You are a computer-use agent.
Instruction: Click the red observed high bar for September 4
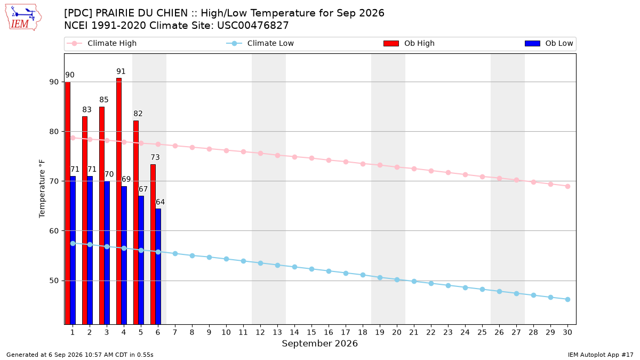119,201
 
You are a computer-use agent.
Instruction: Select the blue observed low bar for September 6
158,267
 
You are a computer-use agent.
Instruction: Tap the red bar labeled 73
153,244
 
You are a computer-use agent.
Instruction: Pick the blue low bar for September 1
73,250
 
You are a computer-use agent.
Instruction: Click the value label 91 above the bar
121,71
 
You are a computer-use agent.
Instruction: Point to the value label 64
160,202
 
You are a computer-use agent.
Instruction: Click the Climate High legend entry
101,43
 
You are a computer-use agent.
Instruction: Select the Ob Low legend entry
549,43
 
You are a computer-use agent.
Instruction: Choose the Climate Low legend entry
260,43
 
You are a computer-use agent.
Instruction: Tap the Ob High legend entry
409,43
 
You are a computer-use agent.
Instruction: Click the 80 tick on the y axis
54,132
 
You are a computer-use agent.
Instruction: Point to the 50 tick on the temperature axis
54,281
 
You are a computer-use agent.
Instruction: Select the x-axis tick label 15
311,332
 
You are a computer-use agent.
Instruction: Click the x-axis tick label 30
567,332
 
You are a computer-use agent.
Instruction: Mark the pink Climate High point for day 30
567,186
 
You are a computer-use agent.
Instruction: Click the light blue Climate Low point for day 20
397,279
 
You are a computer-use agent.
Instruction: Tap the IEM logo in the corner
23,18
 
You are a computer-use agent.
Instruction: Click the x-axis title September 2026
319,343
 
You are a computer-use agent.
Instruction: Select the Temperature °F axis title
42,189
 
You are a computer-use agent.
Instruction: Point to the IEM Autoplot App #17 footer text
601,355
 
